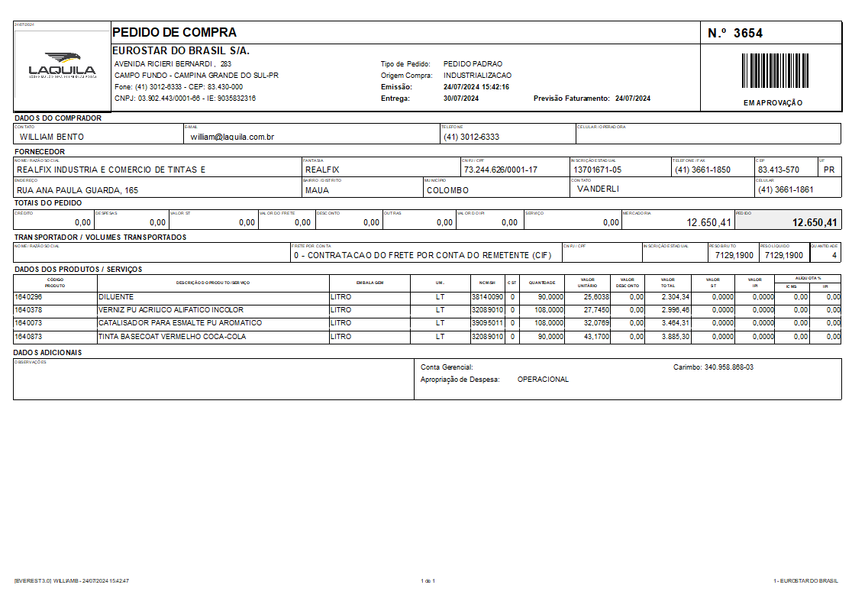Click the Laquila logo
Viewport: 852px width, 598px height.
click(x=63, y=66)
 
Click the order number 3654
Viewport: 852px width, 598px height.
click(x=747, y=33)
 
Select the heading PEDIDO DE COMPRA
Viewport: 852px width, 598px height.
click(x=174, y=32)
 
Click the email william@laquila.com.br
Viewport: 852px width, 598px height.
click(x=232, y=137)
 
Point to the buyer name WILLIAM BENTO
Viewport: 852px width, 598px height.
click(x=52, y=137)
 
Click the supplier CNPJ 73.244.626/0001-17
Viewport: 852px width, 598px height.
click(x=500, y=170)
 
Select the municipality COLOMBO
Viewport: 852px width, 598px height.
click(x=447, y=190)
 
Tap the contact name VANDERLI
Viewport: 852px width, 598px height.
click(x=598, y=188)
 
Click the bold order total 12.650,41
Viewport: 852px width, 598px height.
click(x=815, y=223)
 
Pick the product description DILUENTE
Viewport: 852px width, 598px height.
click(x=116, y=296)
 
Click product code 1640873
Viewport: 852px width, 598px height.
click(x=29, y=336)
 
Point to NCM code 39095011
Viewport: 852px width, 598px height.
click(x=487, y=323)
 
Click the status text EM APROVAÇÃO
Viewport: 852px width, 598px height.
click(x=773, y=103)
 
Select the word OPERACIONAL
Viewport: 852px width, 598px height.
click(x=543, y=380)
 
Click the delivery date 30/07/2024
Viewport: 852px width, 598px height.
click(x=461, y=99)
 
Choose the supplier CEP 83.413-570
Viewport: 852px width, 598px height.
click(x=779, y=170)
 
